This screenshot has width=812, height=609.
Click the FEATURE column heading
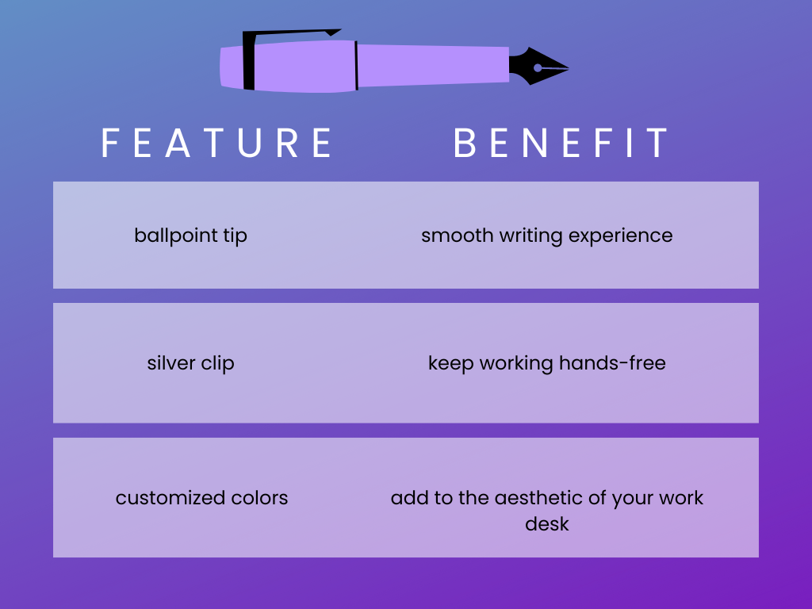[x=216, y=143]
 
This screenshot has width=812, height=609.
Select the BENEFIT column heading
[x=561, y=143]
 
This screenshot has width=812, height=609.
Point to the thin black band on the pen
[x=356, y=65]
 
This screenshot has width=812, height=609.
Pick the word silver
[x=170, y=363]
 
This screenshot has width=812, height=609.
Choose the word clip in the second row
[x=217, y=363]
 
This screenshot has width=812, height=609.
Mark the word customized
[x=164, y=498]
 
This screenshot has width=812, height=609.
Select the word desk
[x=546, y=523]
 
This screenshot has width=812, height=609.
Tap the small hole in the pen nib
[x=538, y=68]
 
